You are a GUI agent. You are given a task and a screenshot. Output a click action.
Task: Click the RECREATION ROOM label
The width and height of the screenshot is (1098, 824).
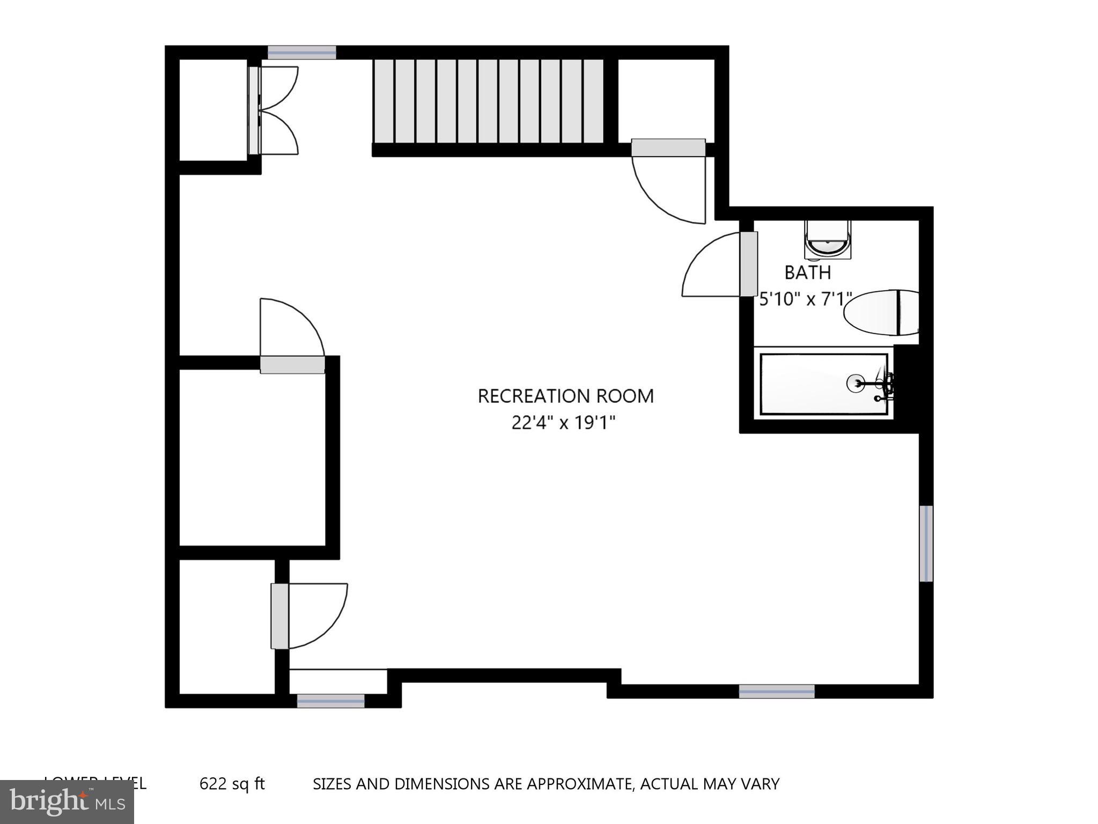565,396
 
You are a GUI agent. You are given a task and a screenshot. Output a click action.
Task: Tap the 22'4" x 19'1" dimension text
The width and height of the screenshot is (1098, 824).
563,423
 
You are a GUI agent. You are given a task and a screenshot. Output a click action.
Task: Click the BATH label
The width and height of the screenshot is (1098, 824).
807,273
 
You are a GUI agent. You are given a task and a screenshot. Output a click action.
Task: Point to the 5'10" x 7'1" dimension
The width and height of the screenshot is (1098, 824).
804,299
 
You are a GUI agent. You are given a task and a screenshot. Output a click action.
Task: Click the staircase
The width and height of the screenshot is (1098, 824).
488,102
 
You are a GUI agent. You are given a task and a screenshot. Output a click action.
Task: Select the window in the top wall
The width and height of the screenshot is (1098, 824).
301,53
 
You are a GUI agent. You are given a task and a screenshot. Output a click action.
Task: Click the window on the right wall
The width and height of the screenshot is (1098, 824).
926,543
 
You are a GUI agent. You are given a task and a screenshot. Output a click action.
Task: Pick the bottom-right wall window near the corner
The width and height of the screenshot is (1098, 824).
776,691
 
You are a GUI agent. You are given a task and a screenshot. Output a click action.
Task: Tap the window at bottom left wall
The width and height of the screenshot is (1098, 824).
330,701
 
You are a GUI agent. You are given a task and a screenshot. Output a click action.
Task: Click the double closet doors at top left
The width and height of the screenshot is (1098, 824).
274,111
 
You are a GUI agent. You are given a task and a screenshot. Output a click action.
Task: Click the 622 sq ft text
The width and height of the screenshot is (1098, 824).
232,784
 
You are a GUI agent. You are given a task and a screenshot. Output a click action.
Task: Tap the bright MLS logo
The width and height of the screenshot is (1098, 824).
67,801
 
